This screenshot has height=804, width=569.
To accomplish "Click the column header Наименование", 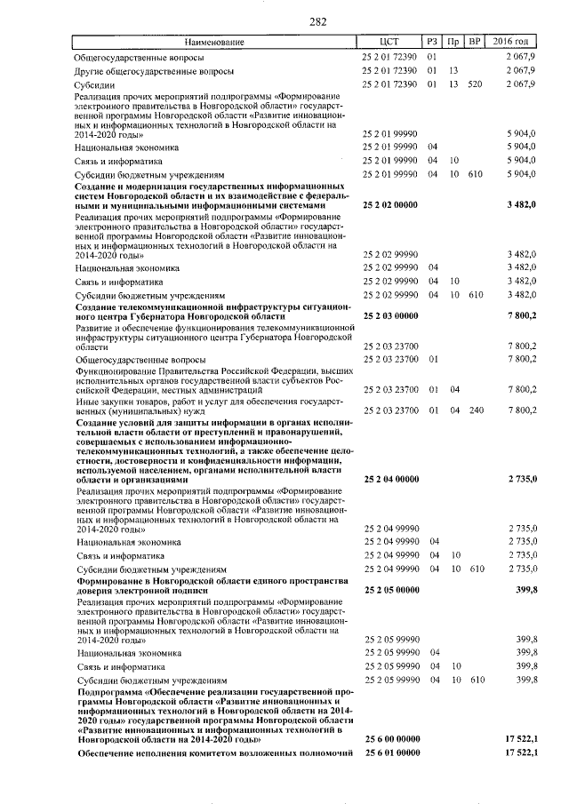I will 214,42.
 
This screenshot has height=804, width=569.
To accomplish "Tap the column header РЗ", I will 433,42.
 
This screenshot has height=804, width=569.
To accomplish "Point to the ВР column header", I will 476,42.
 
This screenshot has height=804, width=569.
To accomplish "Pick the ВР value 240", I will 475,410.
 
